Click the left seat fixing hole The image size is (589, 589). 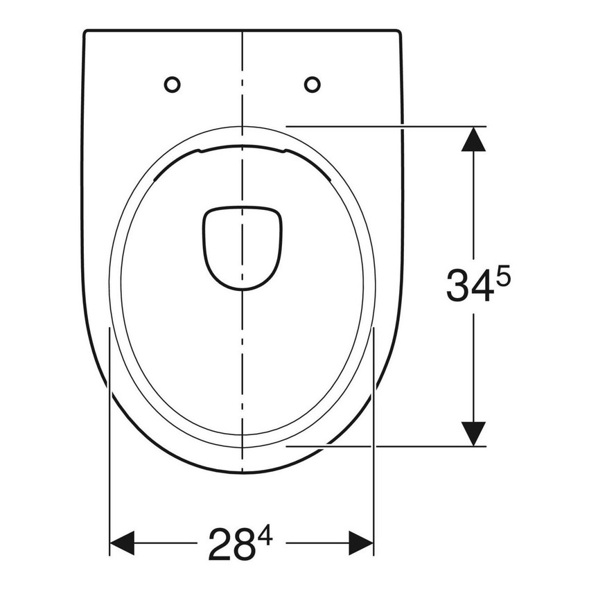click(172, 85)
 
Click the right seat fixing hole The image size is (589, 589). click(313, 85)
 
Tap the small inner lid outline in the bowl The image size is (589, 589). click(243, 246)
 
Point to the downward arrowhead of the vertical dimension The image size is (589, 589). click(474, 432)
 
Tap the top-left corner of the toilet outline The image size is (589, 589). click(86, 32)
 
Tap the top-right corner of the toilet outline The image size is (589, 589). click(400, 32)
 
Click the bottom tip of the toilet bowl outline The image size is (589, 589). click(243, 473)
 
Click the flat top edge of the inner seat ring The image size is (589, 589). click(243, 148)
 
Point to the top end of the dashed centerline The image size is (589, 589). click(243, 33)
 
